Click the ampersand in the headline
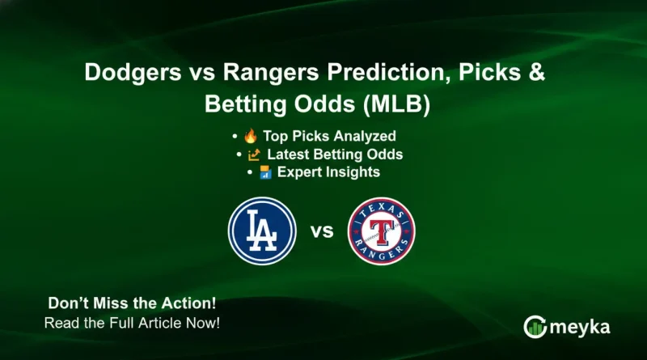(536, 73)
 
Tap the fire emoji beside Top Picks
(251, 136)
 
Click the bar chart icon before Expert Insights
(265, 172)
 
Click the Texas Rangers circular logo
(381, 231)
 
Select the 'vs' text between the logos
(322, 232)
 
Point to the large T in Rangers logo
(381, 233)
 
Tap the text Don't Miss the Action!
(132, 306)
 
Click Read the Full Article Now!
(132, 323)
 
